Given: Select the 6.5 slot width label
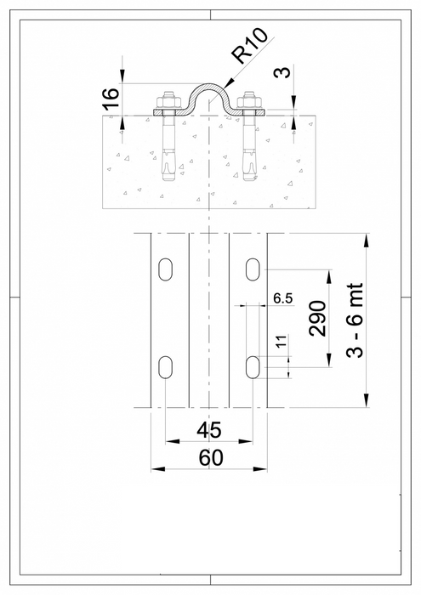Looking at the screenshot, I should pos(283,298).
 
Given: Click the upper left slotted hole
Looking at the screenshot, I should pos(162,269).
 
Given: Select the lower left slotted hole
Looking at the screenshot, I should pos(162,367).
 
